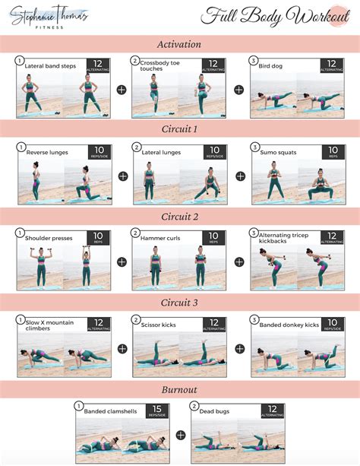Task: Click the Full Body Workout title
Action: (x=270, y=16)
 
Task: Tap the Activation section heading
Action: (x=179, y=44)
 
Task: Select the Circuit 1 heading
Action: (x=179, y=129)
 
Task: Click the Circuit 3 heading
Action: (x=179, y=302)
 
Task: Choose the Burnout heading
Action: (x=179, y=389)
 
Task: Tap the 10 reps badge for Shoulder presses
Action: (x=99, y=239)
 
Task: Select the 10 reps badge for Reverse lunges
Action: (x=99, y=153)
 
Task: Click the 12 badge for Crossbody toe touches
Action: (x=214, y=67)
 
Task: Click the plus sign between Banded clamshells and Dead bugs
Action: (x=181, y=436)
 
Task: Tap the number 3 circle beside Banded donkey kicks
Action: (x=255, y=320)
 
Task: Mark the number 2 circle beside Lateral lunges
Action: (x=137, y=147)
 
